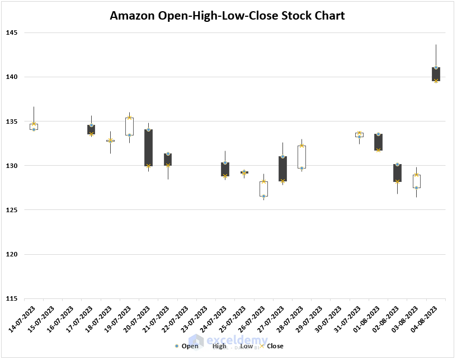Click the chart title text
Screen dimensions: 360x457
(227, 16)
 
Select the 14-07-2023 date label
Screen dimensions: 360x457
(23, 319)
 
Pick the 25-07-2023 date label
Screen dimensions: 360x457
(234, 319)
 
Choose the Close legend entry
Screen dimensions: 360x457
(275, 346)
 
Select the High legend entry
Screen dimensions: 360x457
(219, 346)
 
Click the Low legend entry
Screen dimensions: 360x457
(247, 346)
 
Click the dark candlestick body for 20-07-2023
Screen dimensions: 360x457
(148, 147)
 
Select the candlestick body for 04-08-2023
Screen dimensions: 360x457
(436, 74)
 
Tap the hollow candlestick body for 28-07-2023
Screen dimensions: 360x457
(301, 157)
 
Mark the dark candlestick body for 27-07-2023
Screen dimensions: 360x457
(282, 169)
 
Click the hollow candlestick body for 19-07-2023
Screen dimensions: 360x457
(129, 127)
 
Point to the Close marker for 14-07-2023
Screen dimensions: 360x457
(34, 124)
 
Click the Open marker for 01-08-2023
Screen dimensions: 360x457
(378, 134)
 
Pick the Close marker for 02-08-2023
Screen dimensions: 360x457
(398, 181)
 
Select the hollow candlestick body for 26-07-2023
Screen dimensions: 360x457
(263, 189)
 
